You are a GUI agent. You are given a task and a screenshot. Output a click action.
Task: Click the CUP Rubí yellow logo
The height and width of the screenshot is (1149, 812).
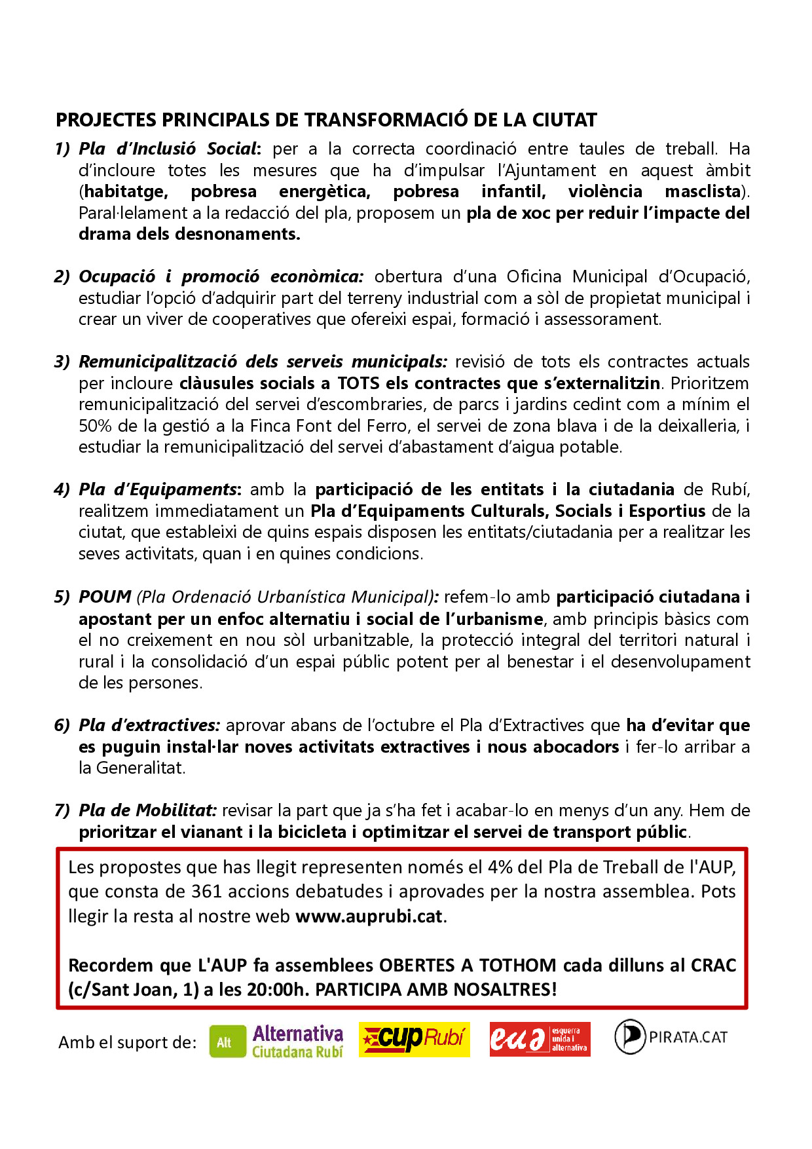pos(414,1039)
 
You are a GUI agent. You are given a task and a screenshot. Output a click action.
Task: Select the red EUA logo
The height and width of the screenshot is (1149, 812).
pos(540,1039)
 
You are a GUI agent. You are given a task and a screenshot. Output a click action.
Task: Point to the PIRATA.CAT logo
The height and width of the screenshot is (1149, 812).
pos(671,1037)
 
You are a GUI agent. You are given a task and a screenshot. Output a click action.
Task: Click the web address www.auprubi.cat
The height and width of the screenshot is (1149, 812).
pos(369,916)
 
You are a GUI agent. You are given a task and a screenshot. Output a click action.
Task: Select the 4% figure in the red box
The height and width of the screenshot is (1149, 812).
pos(500,867)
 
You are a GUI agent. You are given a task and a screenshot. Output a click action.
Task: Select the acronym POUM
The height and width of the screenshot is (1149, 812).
pos(105,597)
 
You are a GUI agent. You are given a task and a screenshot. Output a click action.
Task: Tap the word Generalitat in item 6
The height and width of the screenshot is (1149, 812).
pos(139,768)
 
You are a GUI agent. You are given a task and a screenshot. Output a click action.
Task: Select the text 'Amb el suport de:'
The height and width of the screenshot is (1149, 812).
pos(128,1042)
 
